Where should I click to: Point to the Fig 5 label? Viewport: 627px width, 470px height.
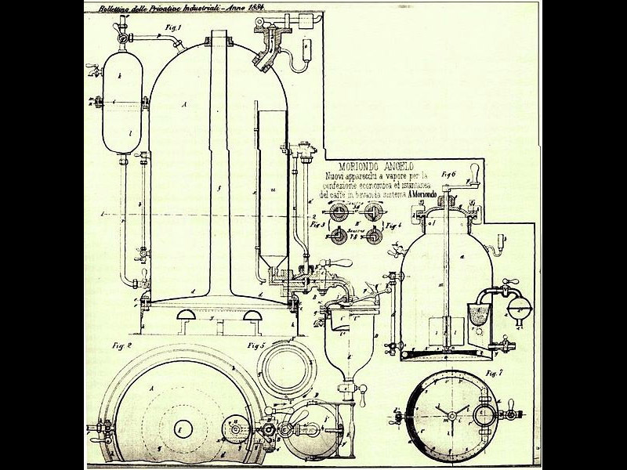click(x=256, y=345)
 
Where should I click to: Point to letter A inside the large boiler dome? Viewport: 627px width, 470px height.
click(x=183, y=103)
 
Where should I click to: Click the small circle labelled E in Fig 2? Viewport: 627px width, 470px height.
click(x=178, y=429)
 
